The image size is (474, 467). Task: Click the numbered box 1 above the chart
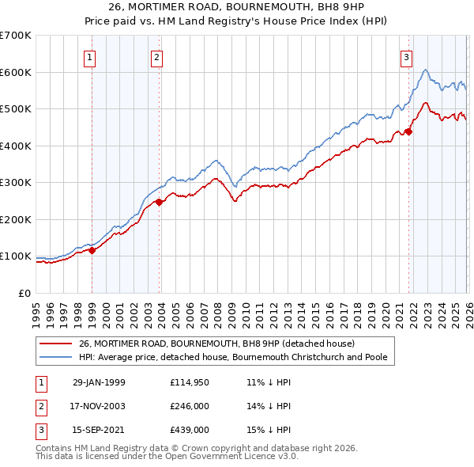point(89,57)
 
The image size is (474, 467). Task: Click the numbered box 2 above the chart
point(157,57)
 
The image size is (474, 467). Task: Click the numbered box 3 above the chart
point(406,57)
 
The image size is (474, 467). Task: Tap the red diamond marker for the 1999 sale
point(92,250)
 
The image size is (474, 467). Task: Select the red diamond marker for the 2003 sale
point(160,202)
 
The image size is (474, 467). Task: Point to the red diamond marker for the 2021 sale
point(408,131)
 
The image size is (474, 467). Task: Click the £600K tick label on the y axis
point(16,72)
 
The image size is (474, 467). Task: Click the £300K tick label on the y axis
point(16,183)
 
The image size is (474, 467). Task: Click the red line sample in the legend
point(55,344)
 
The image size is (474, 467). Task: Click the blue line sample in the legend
point(55,357)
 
